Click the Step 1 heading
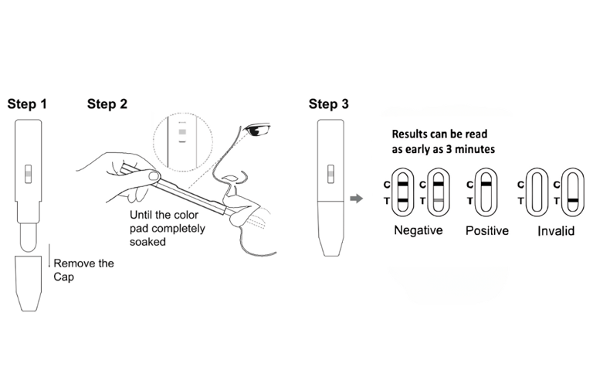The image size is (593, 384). (27, 104)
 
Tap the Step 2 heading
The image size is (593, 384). (107, 104)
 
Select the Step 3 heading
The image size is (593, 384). (328, 104)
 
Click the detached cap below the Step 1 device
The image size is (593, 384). (29, 284)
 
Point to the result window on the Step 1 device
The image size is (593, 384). (28, 174)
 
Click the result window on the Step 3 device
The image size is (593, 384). (330, 174)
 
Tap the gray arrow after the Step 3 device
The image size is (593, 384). (356, 199)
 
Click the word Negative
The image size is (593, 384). (418, 230)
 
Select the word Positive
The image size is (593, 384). (486, 231)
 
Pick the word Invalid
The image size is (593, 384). (556, 231)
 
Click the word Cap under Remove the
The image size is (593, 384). (63, 277)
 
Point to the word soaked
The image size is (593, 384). (147, 242)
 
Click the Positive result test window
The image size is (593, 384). (486, 192)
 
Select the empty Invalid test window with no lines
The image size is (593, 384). (537, 192)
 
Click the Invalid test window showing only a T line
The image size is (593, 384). (573, 192)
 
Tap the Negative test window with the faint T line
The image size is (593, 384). (439, 192)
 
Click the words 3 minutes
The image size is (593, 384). (470, 149)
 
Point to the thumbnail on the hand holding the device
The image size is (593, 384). (153, 175)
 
